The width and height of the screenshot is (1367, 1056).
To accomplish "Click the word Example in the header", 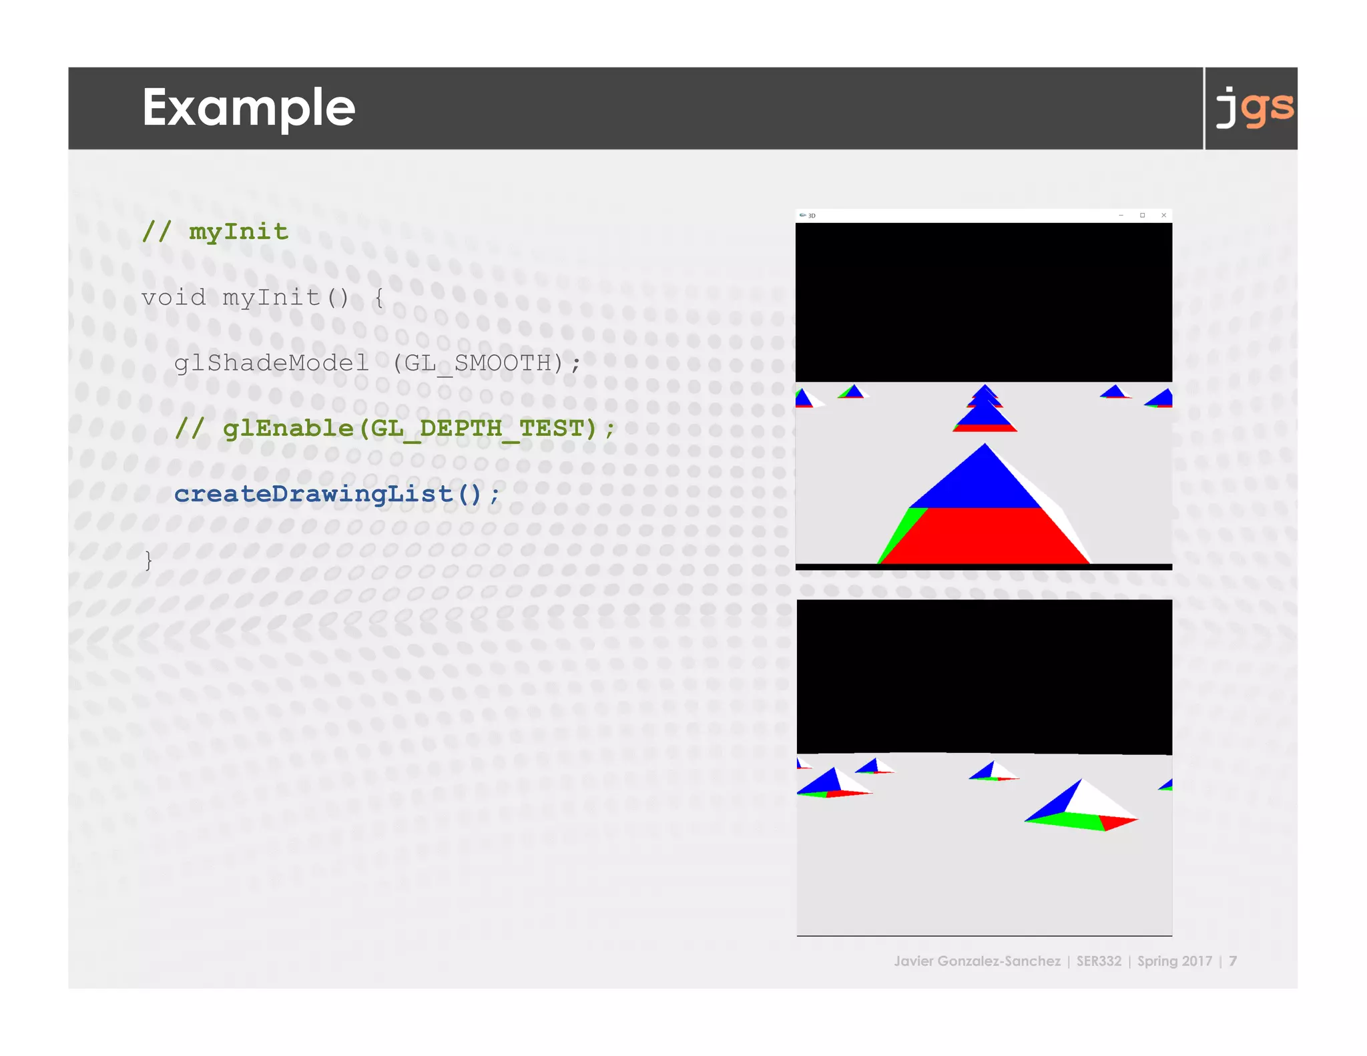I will (248, 108).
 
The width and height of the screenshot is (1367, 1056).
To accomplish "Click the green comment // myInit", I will (215, 232).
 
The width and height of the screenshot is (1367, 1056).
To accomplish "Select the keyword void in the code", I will (174, 297).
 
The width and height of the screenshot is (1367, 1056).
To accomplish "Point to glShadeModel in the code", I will (271, 362).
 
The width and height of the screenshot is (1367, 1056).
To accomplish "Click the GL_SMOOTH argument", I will (477, 362).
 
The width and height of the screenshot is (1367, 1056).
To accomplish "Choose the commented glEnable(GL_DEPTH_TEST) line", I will (394, 428).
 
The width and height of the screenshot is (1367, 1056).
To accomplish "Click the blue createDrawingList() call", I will (336, 494).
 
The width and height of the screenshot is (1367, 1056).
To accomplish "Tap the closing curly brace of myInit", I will (148, 559).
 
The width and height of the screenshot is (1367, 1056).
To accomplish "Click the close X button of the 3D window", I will (1163, 215).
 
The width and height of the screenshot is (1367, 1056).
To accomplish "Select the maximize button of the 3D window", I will (1142, 215).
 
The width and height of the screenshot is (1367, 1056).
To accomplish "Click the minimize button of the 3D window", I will (1121, 215).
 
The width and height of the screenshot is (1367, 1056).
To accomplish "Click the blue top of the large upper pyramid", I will (981, 484).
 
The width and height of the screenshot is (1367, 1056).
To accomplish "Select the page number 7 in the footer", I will (1233, 961).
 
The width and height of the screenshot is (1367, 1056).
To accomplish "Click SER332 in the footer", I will (1099, 961).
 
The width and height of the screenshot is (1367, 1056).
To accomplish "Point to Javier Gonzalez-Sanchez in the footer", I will (977, 961).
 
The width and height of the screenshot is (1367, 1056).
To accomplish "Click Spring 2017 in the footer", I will (1174, 961).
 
